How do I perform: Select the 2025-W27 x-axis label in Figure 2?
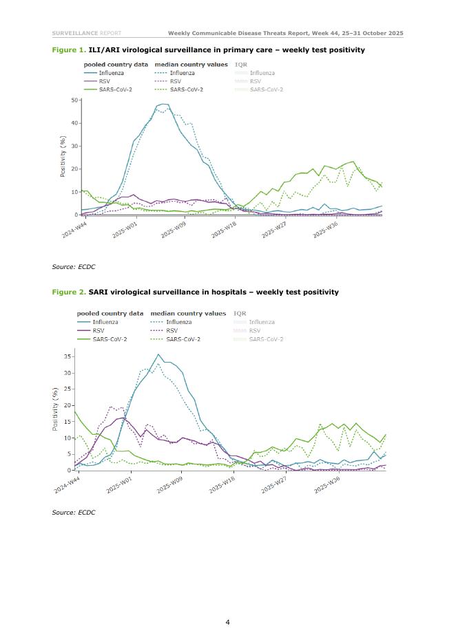click(273, 485)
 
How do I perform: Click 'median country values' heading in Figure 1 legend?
click(187, 65)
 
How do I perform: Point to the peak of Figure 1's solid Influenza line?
click(163, 104)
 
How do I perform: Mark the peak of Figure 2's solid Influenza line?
click(158, 354)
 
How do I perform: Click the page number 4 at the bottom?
click(227, 623)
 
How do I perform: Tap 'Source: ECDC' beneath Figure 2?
click(73, 513)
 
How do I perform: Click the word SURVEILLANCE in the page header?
click(74, 33)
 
